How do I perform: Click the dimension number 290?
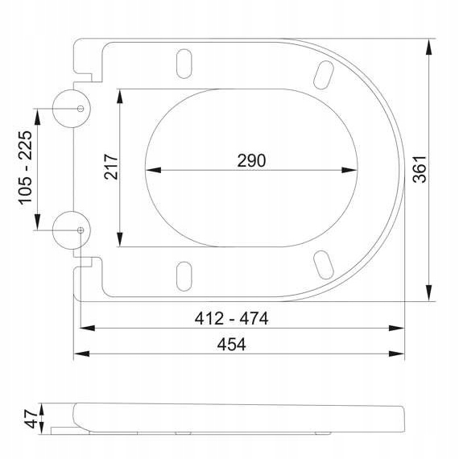click(251, 160)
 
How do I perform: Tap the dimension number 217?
click(111, 166)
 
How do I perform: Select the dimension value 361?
click(420, 169)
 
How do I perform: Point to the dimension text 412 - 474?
click(231, 318)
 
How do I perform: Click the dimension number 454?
click(232, 345)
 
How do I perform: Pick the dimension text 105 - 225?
click(25, 167)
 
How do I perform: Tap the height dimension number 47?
click(31, 419)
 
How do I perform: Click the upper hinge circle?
click(52, 109)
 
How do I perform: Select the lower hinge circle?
click(52, 230)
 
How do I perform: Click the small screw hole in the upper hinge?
click(81, 109)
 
